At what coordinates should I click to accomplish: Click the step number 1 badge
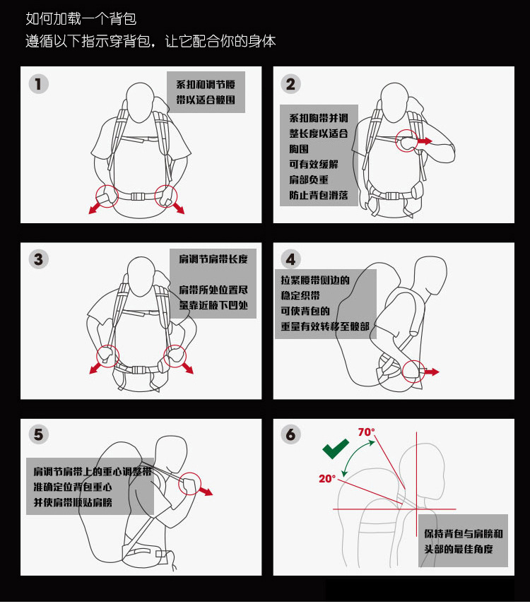(x=39, y=84)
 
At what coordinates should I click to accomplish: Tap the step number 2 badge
(x=290, y=84)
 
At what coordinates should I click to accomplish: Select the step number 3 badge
(x=39, y=259)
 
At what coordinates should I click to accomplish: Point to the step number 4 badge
(x=290, y=259)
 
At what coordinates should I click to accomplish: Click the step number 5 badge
(x=39, y=434)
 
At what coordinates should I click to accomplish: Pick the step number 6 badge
(x=290, y=434)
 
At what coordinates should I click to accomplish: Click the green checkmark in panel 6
(x=335, y=449)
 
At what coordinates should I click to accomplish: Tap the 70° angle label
(x=366, y=432)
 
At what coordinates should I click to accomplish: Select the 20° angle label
(x=327, y=478)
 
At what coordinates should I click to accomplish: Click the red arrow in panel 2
(x=425, y=141)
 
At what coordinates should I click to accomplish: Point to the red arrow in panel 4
(x=431, y=372)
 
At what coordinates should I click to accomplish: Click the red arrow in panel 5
(x=206, y=491)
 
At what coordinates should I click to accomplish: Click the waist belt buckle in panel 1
(x=138, y=196)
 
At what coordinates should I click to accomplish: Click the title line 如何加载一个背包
(x=81, y=18)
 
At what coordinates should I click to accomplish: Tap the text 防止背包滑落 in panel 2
(x=319, y=195)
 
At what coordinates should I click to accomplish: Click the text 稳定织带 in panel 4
(x=300, y=295)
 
